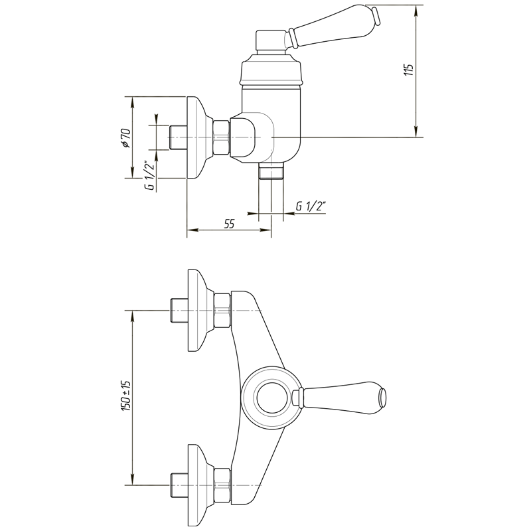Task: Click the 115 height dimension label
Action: tap(409, 70)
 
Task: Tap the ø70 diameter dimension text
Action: tap(125, 138)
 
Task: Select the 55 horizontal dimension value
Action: tap(229, 224)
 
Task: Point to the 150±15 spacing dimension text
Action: tap(125, 396)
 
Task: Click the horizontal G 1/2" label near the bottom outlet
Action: tap(311, 206)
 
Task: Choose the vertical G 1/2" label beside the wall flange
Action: tap(149, 175)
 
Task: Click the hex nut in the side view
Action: tap(222, 137)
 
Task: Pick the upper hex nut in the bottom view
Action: tap(223, 310)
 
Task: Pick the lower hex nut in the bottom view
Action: tap(223, 485)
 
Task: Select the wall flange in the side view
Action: tap(200, 137)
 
